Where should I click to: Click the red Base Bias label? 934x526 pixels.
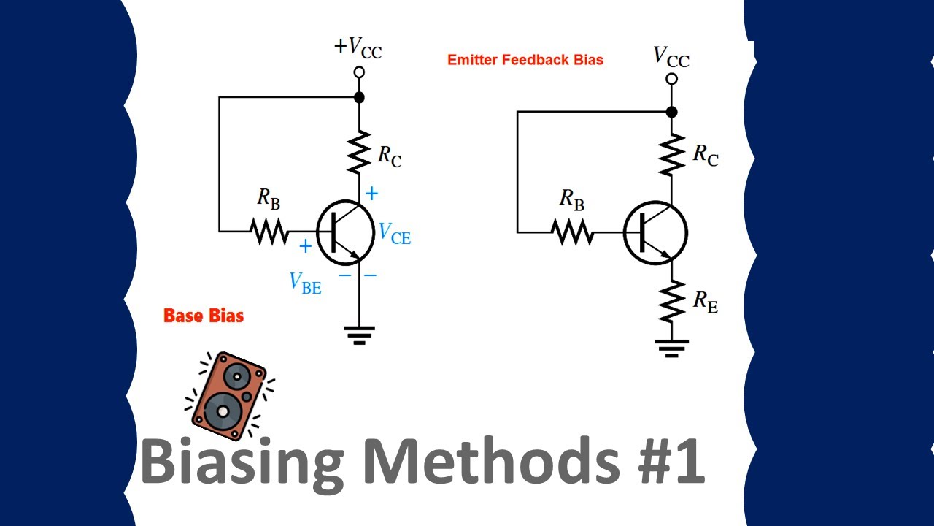click(x=204, y=316)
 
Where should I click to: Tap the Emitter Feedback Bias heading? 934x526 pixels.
click(x=525, y=60)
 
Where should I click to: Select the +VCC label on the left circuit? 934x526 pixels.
click(x=358, y=47)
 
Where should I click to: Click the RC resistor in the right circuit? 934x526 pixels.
click(x=671, y=154)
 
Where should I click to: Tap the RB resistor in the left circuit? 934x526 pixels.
click(x=269, y=232)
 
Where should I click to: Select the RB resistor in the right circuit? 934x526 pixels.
click(x=572, y=232)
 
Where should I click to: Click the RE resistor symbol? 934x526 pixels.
click(x=671, y=302)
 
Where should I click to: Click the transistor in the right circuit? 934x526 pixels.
click(x=655, y=233)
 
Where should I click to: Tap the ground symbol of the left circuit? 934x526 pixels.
click(x=358, y=335)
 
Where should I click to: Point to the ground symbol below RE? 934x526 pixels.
click(x=671, y=348)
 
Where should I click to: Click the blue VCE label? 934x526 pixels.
click(x=394, y=234)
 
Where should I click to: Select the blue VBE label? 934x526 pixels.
click(x=305, y=282)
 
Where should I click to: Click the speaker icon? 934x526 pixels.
click(x=228, y=396)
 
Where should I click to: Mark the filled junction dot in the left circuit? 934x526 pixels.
click(x=358, y=97)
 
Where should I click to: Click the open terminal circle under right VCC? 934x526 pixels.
click(x=671, y=79)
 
